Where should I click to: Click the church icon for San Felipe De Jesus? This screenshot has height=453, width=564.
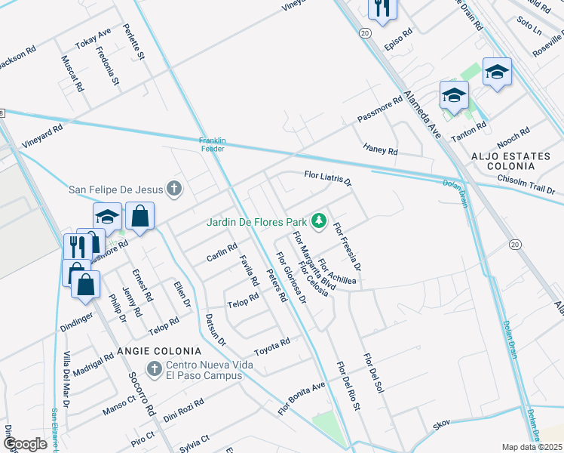[x=174, y=189]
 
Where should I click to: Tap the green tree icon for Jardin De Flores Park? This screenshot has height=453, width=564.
[x=320, y=221]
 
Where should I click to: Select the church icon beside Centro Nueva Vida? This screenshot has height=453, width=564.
[x=154, y=369]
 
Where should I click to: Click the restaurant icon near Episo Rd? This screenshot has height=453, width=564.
[x=382, y=9]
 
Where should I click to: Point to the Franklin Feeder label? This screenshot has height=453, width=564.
[x=213, y=144]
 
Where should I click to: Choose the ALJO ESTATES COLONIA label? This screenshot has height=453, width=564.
[x=516, y=156]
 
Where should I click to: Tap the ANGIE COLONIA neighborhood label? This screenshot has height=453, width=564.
[x=159, y=351]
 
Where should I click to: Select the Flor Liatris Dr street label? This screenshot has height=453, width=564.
[x=328, y=178]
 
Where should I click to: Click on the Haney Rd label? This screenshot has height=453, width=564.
[x=380, y=148]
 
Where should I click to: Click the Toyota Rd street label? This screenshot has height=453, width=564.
[x=271, y=346]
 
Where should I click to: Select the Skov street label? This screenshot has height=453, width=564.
[x=441, y=426]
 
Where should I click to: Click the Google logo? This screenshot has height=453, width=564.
[x=25, y=443]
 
